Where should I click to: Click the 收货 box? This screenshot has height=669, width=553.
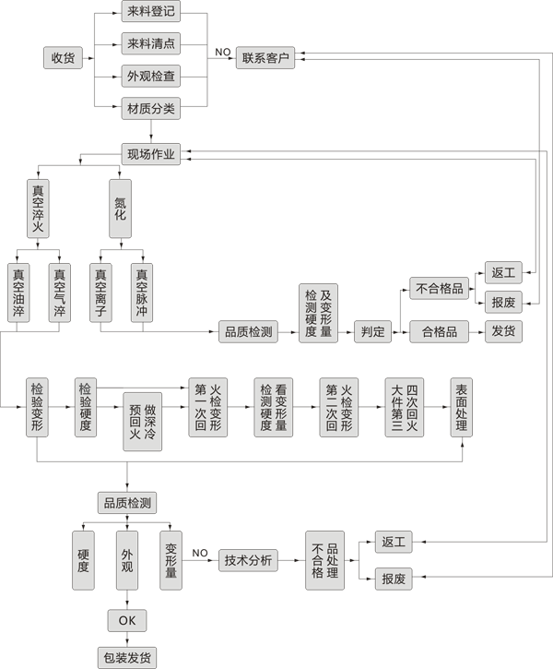pyautogui.click(x=63, y=58)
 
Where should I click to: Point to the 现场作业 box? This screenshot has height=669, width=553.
pyautogui.click(x=150, y=153)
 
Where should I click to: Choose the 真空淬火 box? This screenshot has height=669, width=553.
pyautogui.click(x=38, y=209)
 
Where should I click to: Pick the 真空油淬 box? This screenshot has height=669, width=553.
pyautogui.click(x=18, y=293)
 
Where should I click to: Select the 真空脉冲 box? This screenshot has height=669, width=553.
pyautogui.click(x=142, y=293)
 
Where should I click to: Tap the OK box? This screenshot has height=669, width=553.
pyautogui.click(x=127, y=620)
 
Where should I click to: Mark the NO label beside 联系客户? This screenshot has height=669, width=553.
pyautogui.click(x=223, y=51)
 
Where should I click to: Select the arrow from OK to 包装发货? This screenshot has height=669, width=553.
pyautogui.click(x=127, y=639)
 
